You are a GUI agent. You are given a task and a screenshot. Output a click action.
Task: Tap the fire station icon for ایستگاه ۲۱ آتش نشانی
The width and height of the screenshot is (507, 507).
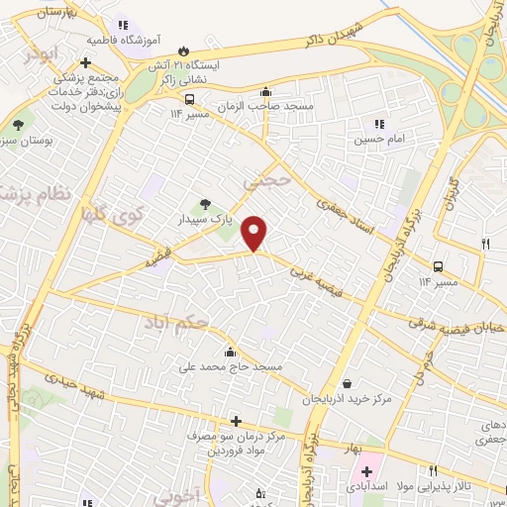tap(182, 51)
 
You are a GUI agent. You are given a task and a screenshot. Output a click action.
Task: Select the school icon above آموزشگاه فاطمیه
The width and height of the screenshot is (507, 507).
tap(122, 25)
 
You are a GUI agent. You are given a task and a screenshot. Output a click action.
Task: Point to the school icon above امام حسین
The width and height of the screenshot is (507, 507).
tap(377, 125)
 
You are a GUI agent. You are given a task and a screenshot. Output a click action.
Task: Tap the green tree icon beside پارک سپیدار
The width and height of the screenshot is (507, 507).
tap(206, 203)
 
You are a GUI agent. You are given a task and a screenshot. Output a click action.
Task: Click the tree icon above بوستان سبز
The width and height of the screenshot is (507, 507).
tap(18, 125)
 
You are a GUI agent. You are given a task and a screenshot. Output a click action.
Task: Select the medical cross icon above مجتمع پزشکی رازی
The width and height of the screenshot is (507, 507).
tap(86, 62)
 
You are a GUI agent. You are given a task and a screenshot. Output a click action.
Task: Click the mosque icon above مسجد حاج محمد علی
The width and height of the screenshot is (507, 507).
tap(230, 353)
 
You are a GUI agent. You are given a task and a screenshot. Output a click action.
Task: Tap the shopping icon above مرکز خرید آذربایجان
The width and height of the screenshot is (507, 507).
tap(346, 384)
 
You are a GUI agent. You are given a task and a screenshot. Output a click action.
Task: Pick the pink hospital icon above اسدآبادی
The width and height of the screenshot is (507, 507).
tap(366, 471)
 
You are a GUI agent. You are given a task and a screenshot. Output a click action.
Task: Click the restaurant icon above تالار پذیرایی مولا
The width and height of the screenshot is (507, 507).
tap(432, 470)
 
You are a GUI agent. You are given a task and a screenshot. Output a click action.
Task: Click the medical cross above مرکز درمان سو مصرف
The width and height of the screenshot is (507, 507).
tap(236, 421)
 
